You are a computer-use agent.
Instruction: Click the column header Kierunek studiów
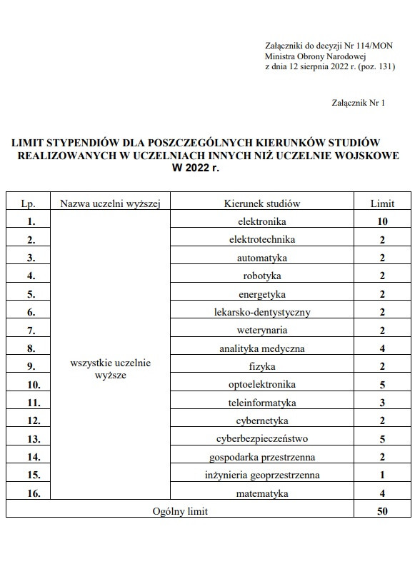262,203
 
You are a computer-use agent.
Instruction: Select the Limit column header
382,203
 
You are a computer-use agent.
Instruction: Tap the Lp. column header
29,203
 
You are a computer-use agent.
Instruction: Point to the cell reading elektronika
262,221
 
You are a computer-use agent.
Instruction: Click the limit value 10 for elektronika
382,222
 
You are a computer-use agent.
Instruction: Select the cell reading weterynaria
262,331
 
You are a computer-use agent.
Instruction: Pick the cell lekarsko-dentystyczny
262,312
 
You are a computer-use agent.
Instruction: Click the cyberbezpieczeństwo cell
262,438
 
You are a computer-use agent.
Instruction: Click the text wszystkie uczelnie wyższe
111,369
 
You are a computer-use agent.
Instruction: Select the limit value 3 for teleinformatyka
382,403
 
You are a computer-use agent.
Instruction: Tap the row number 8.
31,349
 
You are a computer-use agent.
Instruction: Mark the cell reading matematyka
262,493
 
